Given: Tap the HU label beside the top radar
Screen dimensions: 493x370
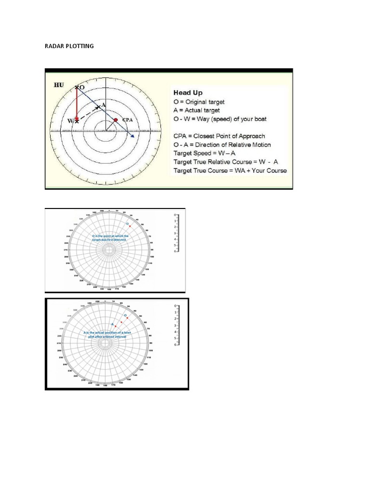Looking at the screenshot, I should pyautogui.click(x=58, y=85).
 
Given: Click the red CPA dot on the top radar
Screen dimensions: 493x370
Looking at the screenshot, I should pyautogui.click(x=116, y=119).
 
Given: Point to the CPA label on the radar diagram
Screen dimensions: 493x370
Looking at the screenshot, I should pyautogui.click(x=127, y=119).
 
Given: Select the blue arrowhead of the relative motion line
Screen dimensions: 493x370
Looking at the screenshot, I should pyautogui.click(x=132, y=137).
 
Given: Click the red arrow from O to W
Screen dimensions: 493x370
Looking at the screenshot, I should pyautogui.click(x=77, y=104).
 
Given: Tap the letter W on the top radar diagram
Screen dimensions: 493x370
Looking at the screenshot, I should pyautogui.click(x=70, y=120).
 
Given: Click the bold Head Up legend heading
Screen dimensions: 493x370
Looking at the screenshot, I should pyautogui.click(x=188, y=92).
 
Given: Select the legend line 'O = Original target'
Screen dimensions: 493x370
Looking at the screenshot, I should pyautogui.click(x=199, y=102).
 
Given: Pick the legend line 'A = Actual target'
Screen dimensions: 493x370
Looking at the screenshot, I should pyautogui.click(x=196, y=110).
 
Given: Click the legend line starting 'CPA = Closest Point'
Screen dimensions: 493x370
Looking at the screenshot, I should pyautogui.click(x=219, y=136).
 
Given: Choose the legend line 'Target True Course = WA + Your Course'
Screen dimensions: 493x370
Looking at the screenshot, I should pyautogui.click(x=230, y=170).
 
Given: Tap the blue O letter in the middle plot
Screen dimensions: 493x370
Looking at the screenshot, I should pyautogui.click(x=127, y=223).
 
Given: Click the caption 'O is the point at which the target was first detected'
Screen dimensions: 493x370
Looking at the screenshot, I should pyautogui.click(x=110, y=237).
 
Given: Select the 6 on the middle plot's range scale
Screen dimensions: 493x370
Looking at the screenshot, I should pyautogui.click(x=175, y=251).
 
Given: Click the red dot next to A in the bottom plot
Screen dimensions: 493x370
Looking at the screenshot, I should pyautogui.click(x=116, y=326).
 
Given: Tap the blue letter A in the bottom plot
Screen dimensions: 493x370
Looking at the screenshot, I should pyautogui.click(x=112, y=324).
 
